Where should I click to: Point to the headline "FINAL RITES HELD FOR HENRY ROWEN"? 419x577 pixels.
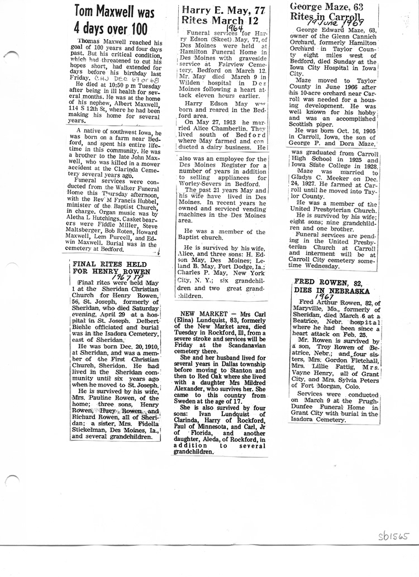point(112,268)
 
